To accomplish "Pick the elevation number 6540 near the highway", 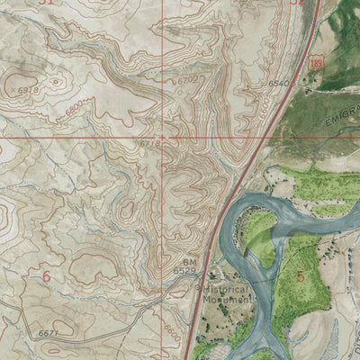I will coord(281,84).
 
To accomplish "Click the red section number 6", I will coord(46,275).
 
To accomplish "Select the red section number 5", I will coord(300,275).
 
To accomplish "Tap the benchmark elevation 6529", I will coord(184,270).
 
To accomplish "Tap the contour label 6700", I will coord(187,81).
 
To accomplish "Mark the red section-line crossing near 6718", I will coord(163,138).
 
